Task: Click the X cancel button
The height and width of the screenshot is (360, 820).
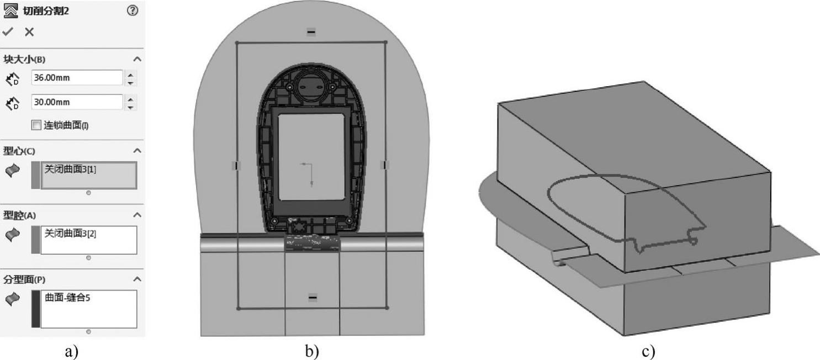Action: (29, 32)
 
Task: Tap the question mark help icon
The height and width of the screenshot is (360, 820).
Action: (133, 10)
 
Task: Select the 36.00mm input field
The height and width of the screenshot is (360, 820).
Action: (77, 78)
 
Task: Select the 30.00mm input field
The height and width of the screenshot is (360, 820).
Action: (77, 102)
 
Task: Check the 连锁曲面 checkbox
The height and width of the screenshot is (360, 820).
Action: (36, 125)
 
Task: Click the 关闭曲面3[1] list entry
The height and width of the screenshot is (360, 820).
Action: (70, 169)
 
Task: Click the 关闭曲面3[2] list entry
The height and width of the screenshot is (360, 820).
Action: (70, 234)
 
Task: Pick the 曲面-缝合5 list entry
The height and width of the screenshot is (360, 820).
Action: (67, 298)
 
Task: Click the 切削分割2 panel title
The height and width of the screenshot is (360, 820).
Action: (46, 11)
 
